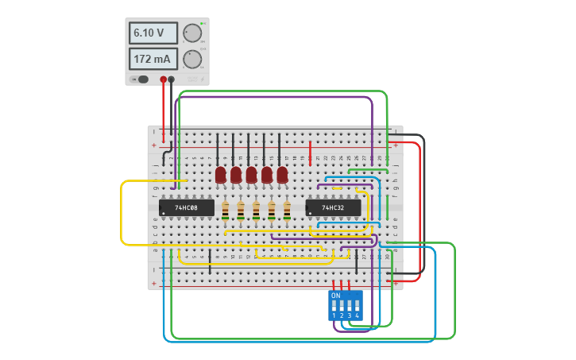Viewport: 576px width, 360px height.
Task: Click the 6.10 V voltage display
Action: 153,33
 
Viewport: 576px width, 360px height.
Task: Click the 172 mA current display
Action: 153,60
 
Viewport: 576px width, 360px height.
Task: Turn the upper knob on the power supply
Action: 192,33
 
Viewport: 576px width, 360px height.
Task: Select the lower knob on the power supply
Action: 192,60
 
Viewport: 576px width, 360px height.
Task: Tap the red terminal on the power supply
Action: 164,79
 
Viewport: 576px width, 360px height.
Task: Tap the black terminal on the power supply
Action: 171,79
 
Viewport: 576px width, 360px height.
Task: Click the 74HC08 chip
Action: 187,208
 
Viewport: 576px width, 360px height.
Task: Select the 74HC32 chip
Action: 333,208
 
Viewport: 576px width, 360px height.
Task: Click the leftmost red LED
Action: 221,175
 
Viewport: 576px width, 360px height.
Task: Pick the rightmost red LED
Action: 282,175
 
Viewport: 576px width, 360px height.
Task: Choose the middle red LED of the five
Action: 252,175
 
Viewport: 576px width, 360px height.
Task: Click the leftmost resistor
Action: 226,211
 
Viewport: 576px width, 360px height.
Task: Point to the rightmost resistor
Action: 287,211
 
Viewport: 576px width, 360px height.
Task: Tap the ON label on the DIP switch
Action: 335,296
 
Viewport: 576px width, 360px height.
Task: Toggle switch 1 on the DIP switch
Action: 334,305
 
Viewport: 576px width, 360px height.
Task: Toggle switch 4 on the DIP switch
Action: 358,305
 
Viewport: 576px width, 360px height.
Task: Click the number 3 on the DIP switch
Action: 350,316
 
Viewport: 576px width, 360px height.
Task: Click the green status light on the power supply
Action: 203,24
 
